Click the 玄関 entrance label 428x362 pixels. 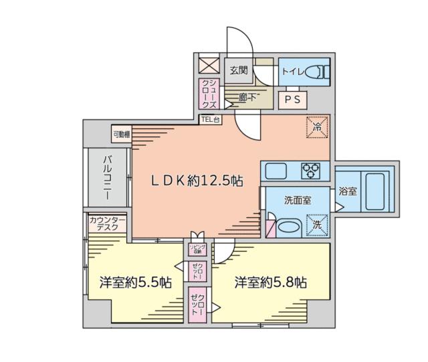click(x=239, y=69)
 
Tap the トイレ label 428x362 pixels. click(x=294, y=69)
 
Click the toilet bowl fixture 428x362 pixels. click(x=318, y=70)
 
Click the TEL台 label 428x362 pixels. click(x=210, y=120)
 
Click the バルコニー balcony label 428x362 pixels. click(x=107, y=177)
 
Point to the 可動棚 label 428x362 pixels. click(x=122, y=134)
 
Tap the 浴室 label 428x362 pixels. click(x=348, y=191)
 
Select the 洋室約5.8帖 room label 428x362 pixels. click(x=270, y=282)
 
